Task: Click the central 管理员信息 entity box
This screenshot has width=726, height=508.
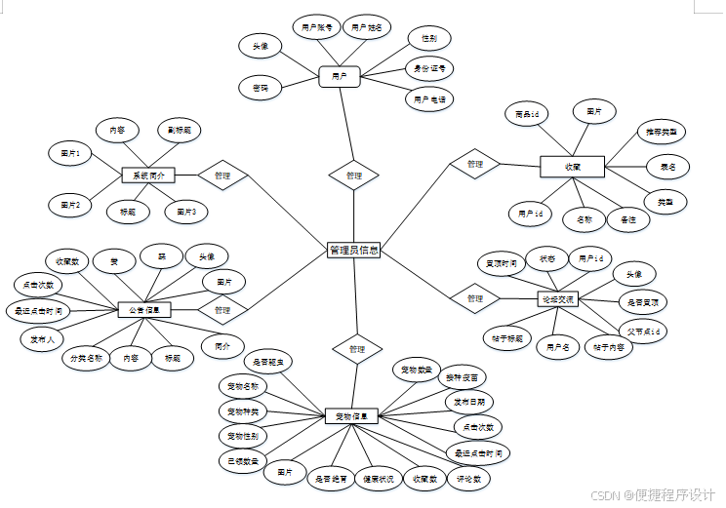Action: point(354,251)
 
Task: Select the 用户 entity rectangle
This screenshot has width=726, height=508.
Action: point(340,75)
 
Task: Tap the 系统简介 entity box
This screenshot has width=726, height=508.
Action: point(148,176)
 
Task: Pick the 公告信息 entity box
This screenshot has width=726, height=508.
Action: point(144,309)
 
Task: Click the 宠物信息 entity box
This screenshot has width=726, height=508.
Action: point(350,416)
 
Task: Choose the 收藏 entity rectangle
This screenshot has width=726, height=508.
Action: point(573,167)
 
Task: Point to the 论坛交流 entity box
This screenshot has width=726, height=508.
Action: point(558,298)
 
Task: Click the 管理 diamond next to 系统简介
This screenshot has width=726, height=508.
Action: point(222,176)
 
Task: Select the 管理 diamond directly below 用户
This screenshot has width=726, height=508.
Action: point(353,176)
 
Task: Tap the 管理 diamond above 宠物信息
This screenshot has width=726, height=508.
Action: point(356,348)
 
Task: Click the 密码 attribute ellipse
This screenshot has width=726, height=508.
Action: point(261,88)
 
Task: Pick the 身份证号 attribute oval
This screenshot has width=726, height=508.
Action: point(429,68)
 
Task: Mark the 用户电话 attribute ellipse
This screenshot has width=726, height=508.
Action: point(429,98)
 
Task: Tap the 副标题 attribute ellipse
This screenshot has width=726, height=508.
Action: point(179,130)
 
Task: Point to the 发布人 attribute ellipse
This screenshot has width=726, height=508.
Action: point(42,338)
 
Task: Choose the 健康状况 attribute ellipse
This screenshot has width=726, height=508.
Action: point(377,479)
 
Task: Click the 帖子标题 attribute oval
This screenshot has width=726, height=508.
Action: point(507,338)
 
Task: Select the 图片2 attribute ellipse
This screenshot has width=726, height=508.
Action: point(70,205)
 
